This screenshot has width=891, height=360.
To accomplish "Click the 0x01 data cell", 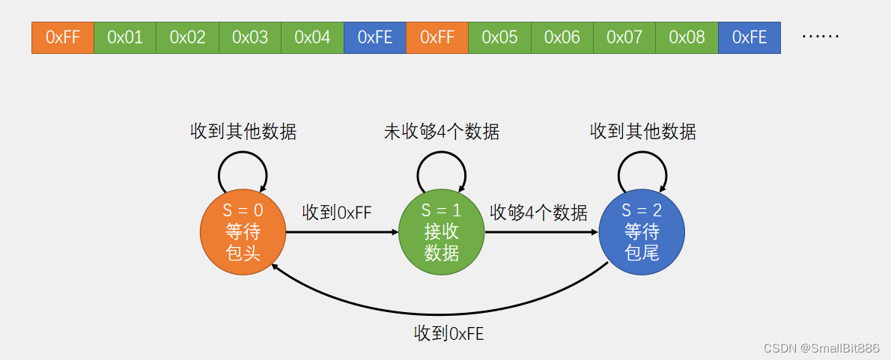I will pos(125,37).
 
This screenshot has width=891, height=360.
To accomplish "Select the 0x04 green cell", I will pos(312,37).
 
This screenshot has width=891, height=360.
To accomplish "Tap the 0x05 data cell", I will pos(499,37).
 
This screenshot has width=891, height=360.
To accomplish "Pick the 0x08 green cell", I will pos(687,37).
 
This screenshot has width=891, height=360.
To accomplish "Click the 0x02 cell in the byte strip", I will pos(187,37).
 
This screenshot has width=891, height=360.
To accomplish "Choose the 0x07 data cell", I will pos(624,37).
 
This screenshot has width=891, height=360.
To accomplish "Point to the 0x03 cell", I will pos(250,37).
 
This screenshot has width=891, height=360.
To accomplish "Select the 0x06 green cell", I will pos(562,37).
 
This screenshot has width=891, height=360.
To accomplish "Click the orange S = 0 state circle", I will pos(243,232).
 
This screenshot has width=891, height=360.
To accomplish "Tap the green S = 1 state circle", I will pos(442,232).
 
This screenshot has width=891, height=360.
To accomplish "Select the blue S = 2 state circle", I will pos(642,232).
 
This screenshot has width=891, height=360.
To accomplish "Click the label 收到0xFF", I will pos(337,213).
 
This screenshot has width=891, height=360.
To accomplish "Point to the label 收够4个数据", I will pos(538,213).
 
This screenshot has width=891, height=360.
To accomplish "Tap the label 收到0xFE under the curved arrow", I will pos(449,334).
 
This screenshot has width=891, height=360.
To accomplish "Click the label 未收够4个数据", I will pos(442,132).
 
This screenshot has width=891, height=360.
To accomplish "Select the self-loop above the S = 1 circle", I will pos(442,169).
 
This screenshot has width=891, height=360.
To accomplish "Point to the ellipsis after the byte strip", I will pos(820,37).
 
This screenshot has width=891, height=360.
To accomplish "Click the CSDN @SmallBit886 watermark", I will pos(821,348).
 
